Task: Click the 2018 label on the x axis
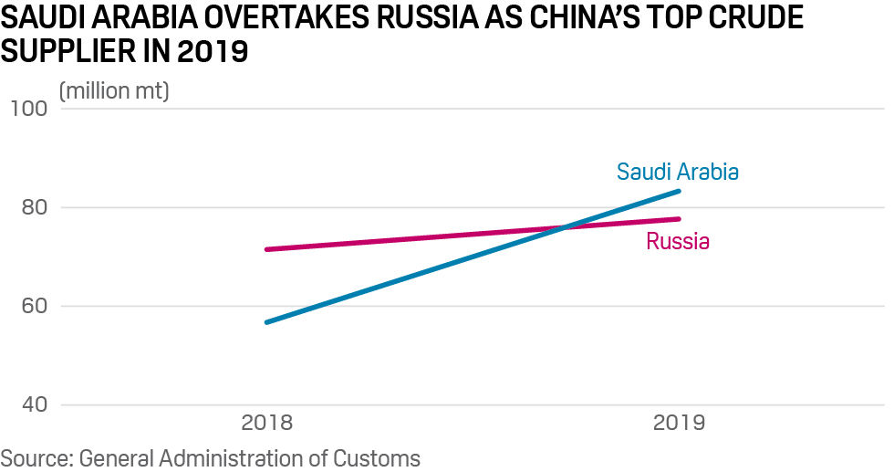(266, 423)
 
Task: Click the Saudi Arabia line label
(677, 172)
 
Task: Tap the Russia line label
(678, 242)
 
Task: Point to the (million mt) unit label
(114, 92)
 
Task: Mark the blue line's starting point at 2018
(266, 322)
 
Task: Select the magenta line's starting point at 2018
(266, 249)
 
